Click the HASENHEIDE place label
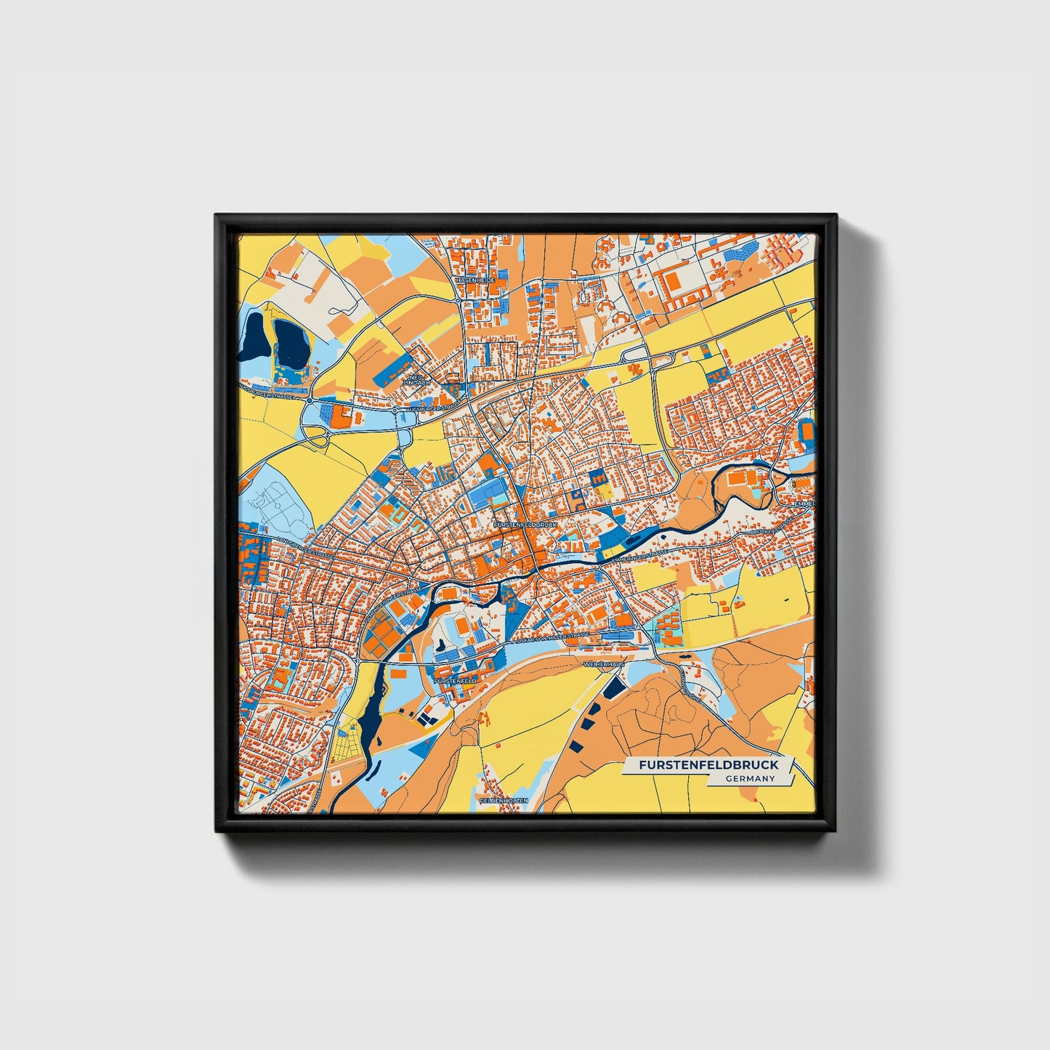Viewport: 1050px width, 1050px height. tap(474, 280)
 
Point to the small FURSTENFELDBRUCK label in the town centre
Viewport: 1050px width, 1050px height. tap(524, 524)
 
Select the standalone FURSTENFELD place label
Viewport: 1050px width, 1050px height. tap(455, 681)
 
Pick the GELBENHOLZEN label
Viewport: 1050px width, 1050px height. tap(504, 799)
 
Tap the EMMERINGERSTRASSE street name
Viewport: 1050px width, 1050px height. tap(639, 557)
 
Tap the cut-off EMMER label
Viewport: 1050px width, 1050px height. tap(804, 504)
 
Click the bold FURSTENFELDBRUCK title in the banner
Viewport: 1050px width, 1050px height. tap(708, 765)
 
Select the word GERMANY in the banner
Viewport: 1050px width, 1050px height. tap(750, 778)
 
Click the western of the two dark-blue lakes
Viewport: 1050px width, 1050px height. tap(254, 338)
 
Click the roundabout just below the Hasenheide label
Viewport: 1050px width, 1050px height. tap(459, 299)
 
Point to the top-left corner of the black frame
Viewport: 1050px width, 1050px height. tap(217, 216)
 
